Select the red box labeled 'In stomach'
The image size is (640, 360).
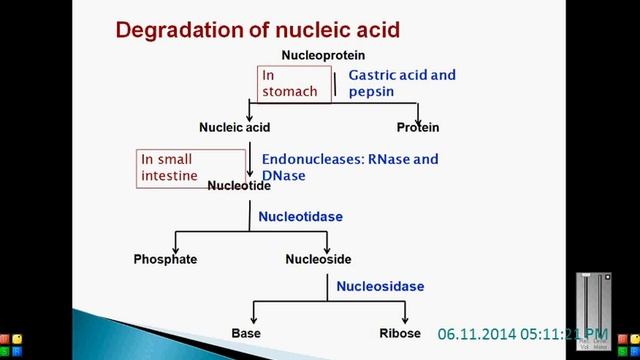[290, 83]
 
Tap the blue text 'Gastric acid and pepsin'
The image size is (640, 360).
[401, 83]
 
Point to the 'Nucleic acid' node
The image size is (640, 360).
[235, 128]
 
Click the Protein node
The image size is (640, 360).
[418, 128]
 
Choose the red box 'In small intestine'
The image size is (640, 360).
[190, 167]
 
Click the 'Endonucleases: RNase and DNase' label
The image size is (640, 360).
[349, 166]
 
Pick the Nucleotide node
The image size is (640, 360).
[239, 186]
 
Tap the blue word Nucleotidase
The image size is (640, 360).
[300, 215]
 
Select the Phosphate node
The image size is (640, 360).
[165, 259]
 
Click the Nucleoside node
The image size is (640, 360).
[318, 259]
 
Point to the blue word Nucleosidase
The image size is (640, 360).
[380, 286]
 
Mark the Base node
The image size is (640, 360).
[246, 332]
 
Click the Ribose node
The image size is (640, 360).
[400, 332]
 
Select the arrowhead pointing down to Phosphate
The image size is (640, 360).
[176, 248]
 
